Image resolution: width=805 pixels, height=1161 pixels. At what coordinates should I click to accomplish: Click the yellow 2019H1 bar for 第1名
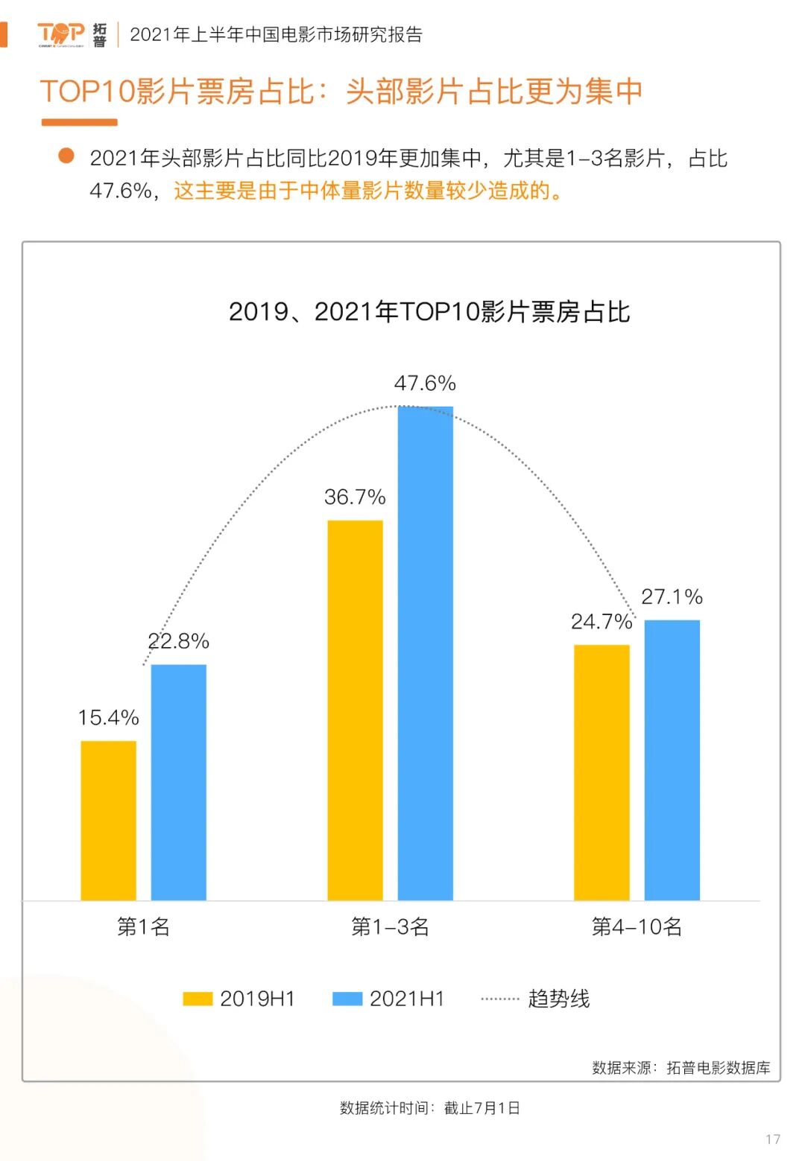click(x=109, y=820)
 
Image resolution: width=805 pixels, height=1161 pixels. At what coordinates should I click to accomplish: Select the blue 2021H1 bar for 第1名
click(x=179, y=782)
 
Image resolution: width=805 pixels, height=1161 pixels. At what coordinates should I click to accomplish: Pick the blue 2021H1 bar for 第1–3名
click(x=426, y=653)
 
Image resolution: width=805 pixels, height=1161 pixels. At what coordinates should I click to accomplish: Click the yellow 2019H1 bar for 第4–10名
click(x=602, y=772)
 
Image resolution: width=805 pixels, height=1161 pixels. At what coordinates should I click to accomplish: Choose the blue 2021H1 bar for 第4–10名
click(x=672, y=760)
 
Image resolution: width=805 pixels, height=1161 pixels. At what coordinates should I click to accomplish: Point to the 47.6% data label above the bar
click(x=425, y=384)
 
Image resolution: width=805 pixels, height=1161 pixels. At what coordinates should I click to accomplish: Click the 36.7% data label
click(x=355, y=497)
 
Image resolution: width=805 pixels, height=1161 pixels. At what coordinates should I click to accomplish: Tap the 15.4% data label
click(x=109, y=718)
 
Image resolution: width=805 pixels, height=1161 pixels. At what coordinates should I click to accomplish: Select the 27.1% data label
click(x=672, y=597)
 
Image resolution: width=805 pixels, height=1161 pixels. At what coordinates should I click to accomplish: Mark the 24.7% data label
click(x=601, y=622)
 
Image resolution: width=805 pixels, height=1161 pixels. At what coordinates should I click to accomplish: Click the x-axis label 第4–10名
click(x=637, y=927)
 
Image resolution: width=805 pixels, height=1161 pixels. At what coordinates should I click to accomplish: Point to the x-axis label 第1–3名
click(x=390, y=927)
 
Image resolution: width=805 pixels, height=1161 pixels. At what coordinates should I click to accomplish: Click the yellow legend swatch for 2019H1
click(x=198, y=999)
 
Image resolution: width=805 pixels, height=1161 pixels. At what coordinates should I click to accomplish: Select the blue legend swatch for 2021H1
click(x=347, y=999)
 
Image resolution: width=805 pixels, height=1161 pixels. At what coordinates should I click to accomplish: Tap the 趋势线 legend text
click(x=559, y=999)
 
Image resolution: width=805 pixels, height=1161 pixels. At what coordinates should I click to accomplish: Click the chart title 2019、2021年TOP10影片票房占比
click(x=429, y=312)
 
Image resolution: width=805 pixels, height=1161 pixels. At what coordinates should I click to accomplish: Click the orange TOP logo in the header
click(x=61, y=34)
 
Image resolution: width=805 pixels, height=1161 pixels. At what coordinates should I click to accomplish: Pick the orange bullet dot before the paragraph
click(x=66, y=156)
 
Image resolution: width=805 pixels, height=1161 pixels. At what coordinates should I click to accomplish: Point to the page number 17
click(x=773, y=1139)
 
